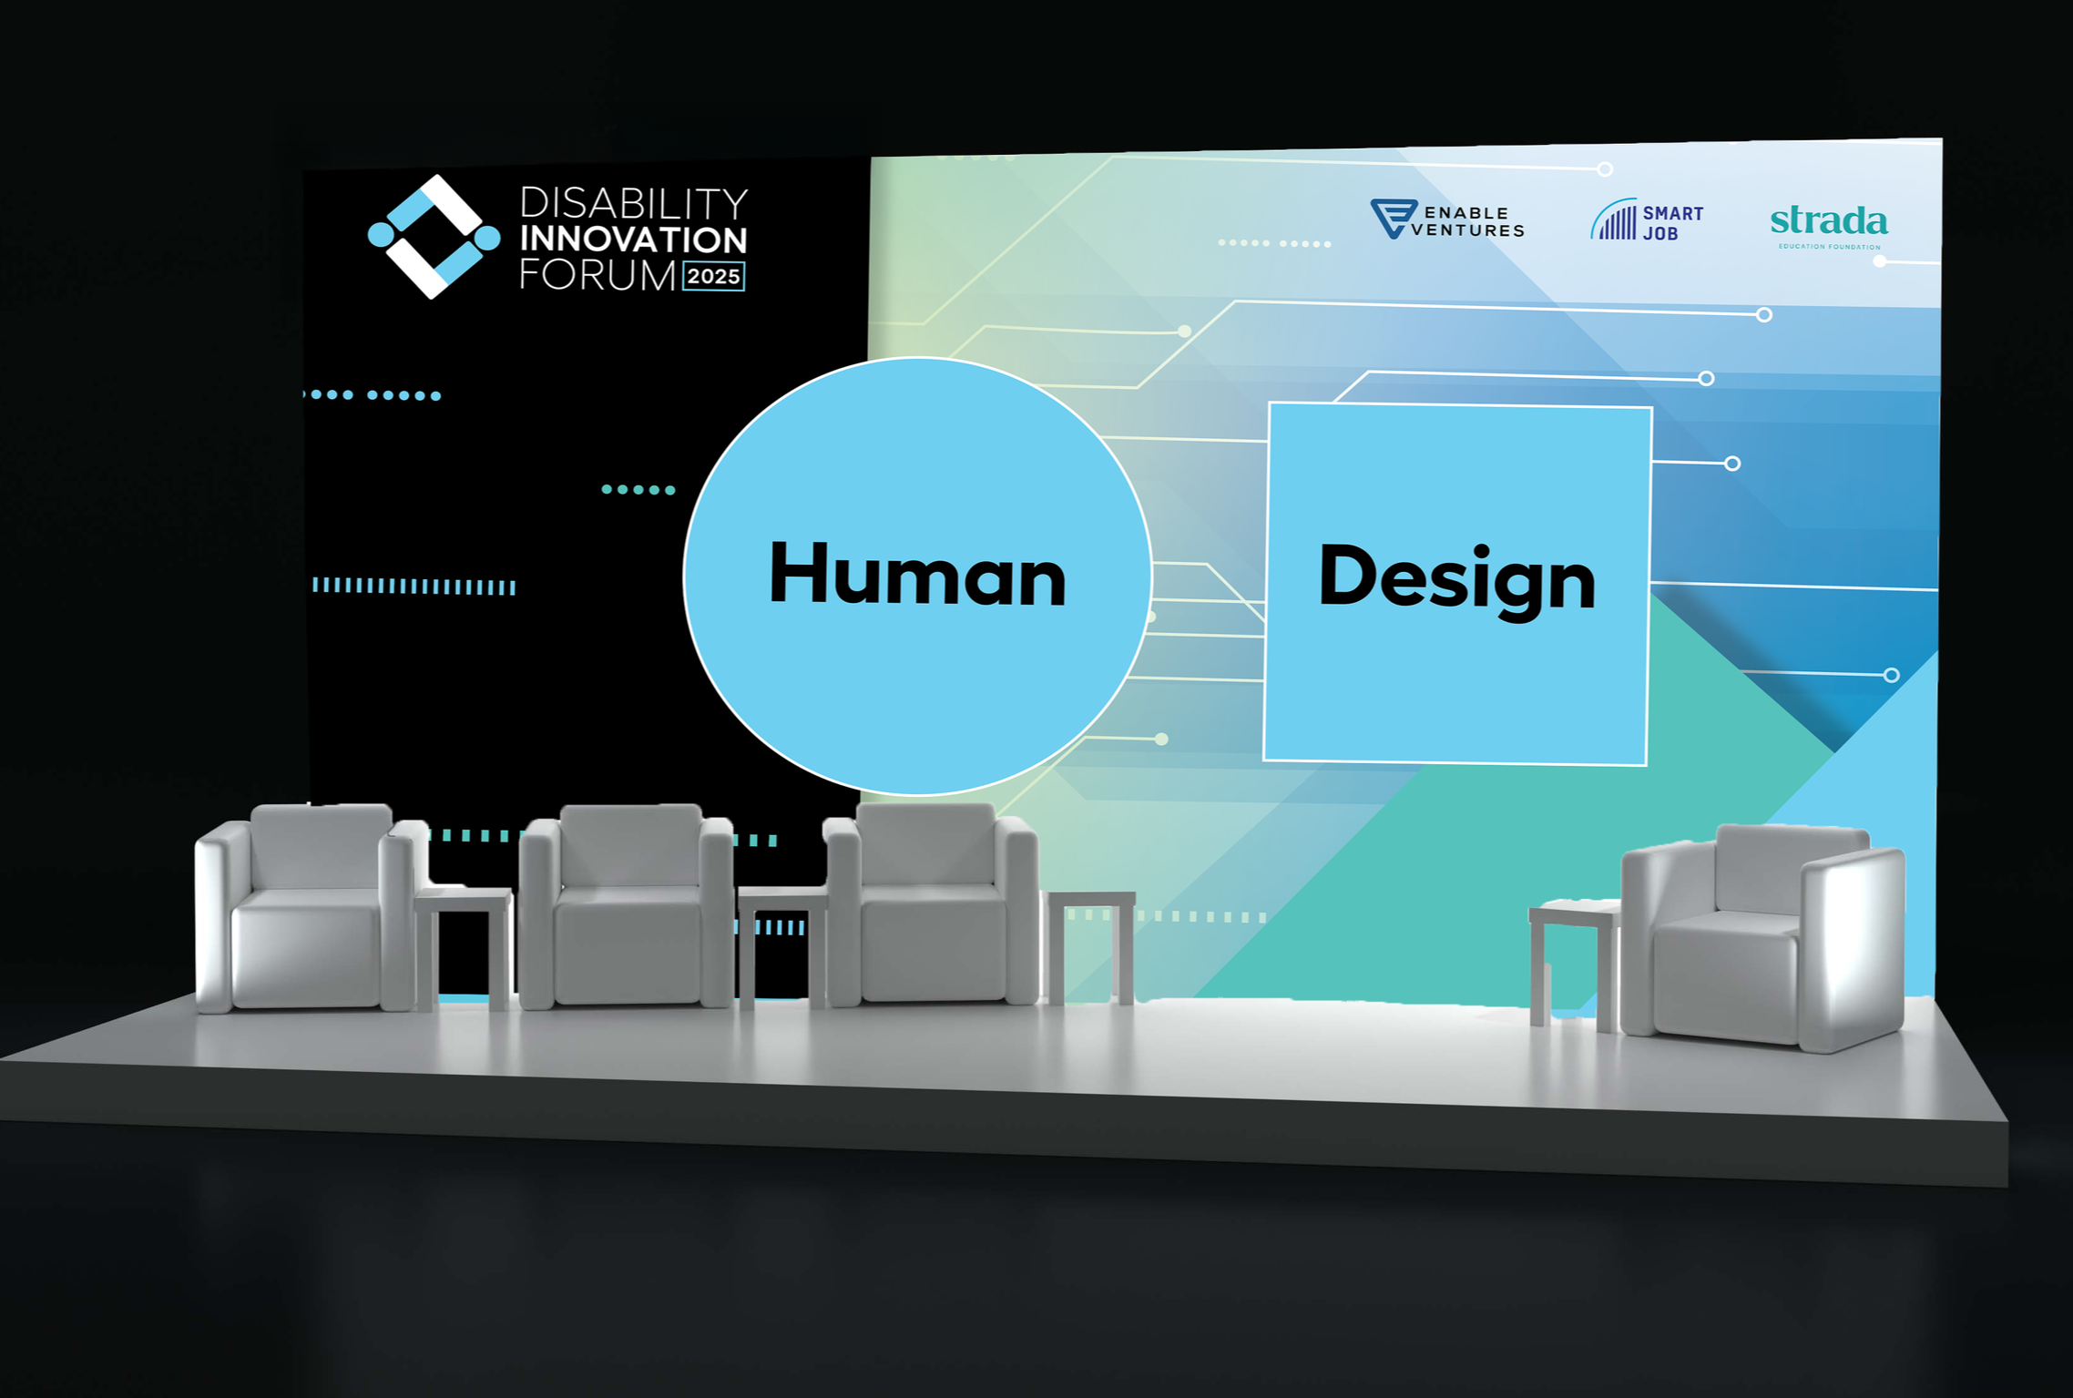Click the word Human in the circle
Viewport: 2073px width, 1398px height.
917,575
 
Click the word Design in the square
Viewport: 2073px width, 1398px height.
1456,577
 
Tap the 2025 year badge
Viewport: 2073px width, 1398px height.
713,276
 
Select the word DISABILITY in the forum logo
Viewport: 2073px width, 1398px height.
633,203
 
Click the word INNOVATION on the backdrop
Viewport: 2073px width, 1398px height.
633,240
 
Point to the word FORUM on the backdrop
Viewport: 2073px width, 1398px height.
597,276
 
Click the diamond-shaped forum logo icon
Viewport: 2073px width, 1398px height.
434,237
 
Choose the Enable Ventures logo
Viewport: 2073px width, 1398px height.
1447,220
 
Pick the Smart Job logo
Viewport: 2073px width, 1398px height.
1647,221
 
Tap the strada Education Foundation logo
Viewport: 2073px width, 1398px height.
1829,225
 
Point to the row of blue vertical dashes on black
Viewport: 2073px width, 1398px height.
414,587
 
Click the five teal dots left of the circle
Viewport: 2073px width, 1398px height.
638,490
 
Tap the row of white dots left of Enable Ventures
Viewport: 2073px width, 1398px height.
1274,243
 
